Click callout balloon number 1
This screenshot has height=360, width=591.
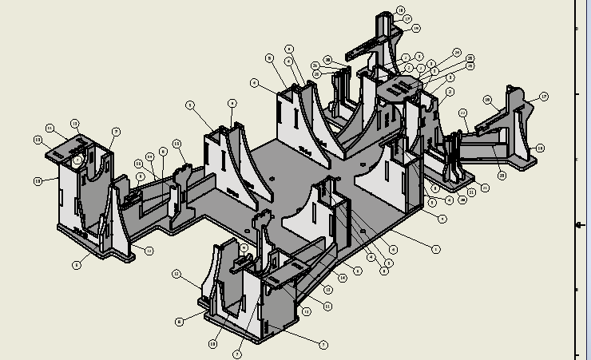coord(436,249)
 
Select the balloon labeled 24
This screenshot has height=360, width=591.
coord(457,53)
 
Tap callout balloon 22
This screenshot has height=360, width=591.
coord(471,59)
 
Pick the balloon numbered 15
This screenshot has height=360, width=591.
coord(177,144)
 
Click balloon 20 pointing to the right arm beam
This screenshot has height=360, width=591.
coord(502,176)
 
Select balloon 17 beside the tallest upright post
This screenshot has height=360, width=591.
coord(407,18)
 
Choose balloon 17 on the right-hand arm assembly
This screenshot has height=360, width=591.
coord(544,97)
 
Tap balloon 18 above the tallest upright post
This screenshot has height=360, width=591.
coord(400,10)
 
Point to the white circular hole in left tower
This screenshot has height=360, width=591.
coord(77,160)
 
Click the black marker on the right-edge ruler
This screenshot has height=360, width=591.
coord(579,225)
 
